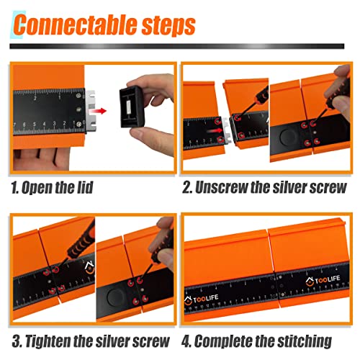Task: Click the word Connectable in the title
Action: point(75,24)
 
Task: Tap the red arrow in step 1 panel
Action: point(97,111)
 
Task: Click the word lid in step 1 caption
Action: point(85,187)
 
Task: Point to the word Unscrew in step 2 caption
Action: point(222,188)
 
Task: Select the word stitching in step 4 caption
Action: point(305,341)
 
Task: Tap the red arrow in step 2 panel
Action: point(215,131)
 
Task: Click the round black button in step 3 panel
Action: point(116,297)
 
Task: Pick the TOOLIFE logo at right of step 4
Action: point(323,280)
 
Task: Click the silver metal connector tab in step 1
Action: point(91,110)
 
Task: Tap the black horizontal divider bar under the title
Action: point(177,46)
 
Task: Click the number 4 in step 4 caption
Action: point(185,341)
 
